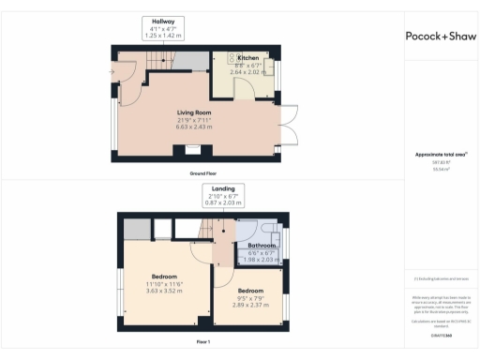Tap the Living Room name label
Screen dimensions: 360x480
(x=197, y=112)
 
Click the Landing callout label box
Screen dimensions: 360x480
(x=223, y=195)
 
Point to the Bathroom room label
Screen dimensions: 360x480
(x=261, y=246)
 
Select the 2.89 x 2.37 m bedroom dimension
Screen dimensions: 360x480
(x=250, y=306)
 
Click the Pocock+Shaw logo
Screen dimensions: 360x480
(x=440, y=36)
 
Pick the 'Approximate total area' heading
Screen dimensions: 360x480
(x=440, y=155)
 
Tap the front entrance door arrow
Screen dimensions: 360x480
(x=112, y=71)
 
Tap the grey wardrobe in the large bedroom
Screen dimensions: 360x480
(x=136, y=229)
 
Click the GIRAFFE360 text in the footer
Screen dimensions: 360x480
(x=440, y=333)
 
